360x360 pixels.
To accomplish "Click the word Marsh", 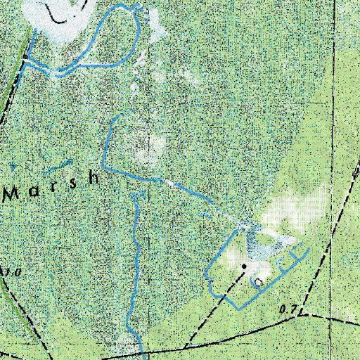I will click(x=53, y=184).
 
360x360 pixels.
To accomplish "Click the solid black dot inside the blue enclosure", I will click(x=244, y=266).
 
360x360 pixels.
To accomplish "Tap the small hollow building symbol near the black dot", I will click(x=258, y=281).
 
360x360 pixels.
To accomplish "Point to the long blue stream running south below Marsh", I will click(x=132, y=267).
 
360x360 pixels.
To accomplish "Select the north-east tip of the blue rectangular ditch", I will click(x=309, y=250).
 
